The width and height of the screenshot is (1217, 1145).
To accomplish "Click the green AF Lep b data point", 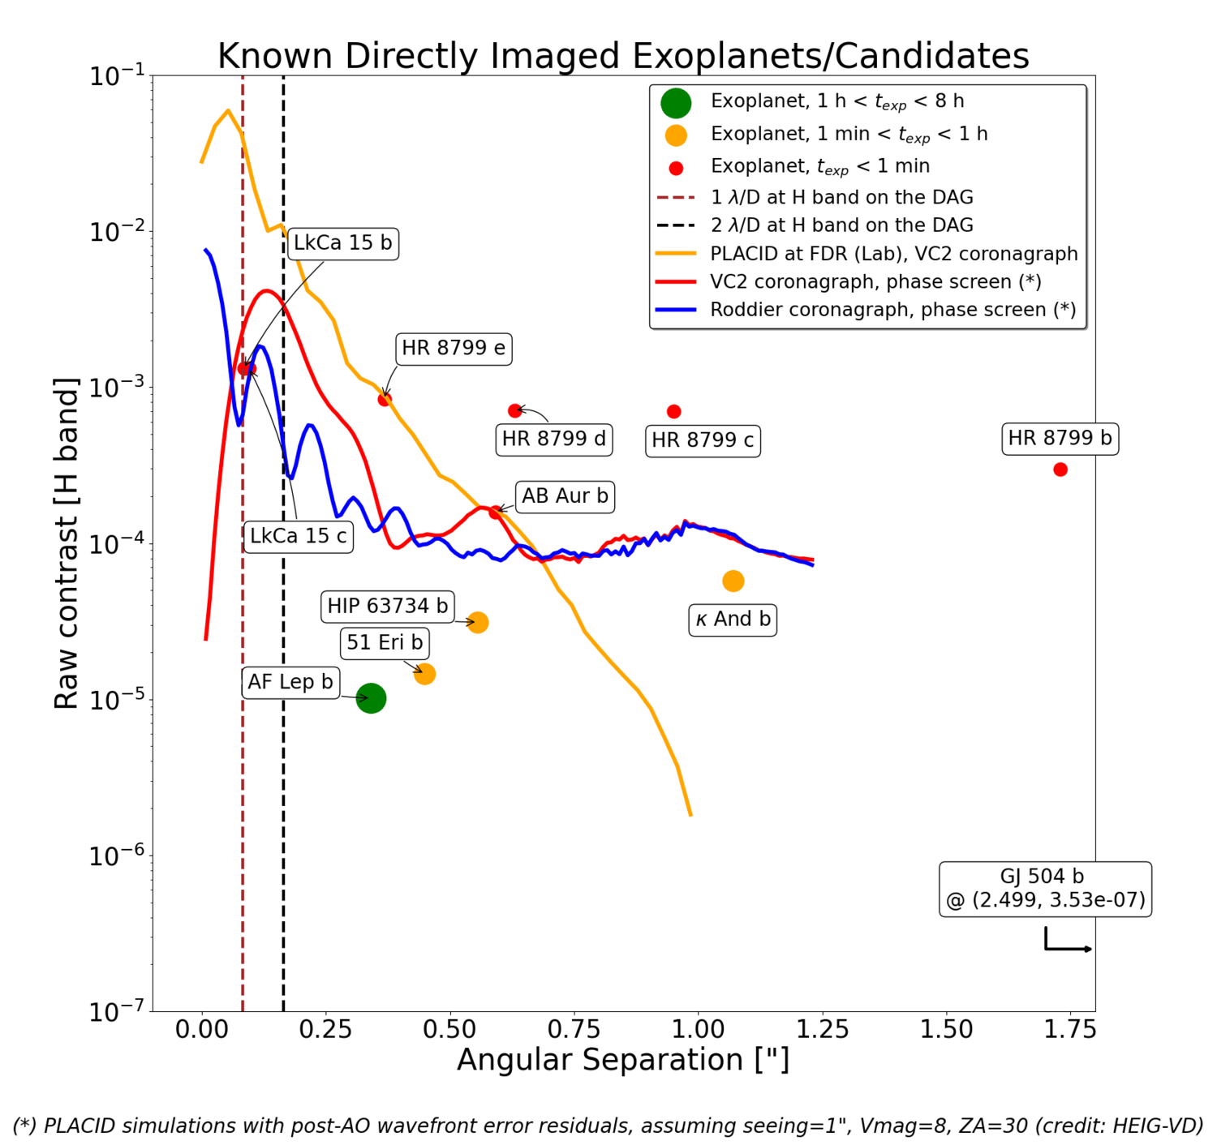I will pyautogui.click(x=371, y=698).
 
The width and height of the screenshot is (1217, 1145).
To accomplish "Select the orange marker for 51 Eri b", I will pyautogui.click(x=424, y=674).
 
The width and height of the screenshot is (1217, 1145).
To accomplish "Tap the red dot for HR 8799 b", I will pyautogui.click(x=1060, y=470).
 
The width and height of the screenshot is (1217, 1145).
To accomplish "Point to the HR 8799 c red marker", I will pyautogui.click(x=673, y=412).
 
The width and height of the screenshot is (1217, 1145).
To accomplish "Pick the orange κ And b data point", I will pyautogui.click(x=733, y=581).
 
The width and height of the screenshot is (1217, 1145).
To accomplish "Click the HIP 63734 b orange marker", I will pyautogui.click(x=478, y=623).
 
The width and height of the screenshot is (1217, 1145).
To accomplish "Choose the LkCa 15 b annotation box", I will pyautogui.click(x=342, y=243).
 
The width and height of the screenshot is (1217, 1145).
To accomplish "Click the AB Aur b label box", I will pyautogui.click(x=565, y=496).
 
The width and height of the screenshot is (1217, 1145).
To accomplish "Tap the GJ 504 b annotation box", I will pyautogui.click(x=1045, y=889).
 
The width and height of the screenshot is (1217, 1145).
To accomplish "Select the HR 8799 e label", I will pyautogui.click(x=453, y=349).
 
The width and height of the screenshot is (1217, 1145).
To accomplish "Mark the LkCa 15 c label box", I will pyautogui.click(x=298, y=536).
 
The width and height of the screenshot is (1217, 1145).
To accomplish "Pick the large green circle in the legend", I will pyautogui.click(x=675, y=103).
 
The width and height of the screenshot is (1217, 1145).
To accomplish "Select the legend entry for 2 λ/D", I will pyautogui.click(x=841, y=225).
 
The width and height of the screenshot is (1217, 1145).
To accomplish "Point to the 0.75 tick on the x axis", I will pyautogui.click(x=574, y=1030).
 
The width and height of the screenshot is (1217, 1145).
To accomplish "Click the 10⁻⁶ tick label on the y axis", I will pyautogui.click(x=114, y=856).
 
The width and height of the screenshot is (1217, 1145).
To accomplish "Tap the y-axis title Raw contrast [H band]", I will pyautogui.click(x=67, y=543).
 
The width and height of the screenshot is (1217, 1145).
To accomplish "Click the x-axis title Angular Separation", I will pyautogui.click(x=622, y=1060).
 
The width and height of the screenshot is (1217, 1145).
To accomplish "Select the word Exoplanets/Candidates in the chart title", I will pyautogui.click(x=830, y=57).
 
